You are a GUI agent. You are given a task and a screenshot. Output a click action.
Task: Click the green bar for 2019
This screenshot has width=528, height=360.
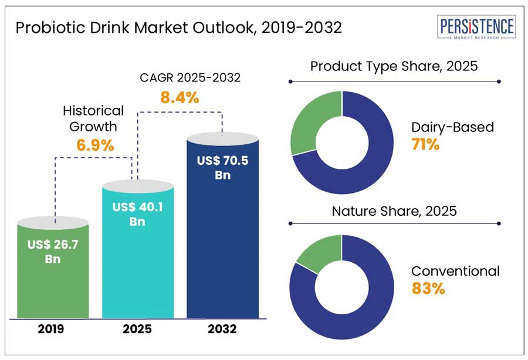53,281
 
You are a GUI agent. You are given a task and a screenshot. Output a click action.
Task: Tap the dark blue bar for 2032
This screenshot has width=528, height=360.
222,246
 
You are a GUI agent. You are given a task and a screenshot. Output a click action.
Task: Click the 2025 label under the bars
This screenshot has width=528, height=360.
138,329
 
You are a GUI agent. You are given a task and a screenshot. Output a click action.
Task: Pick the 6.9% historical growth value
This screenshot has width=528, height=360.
95,145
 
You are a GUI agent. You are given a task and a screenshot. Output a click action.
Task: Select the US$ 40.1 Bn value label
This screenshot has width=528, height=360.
138,215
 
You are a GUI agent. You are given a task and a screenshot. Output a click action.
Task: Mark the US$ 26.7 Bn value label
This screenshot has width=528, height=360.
53,251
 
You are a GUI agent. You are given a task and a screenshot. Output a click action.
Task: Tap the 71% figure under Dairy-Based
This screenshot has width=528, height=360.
425,144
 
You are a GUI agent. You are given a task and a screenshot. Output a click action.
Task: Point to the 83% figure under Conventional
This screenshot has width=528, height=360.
428,288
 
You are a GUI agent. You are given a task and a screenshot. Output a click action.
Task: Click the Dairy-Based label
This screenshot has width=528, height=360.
452,127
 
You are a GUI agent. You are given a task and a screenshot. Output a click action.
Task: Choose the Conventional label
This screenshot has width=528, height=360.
455,271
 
